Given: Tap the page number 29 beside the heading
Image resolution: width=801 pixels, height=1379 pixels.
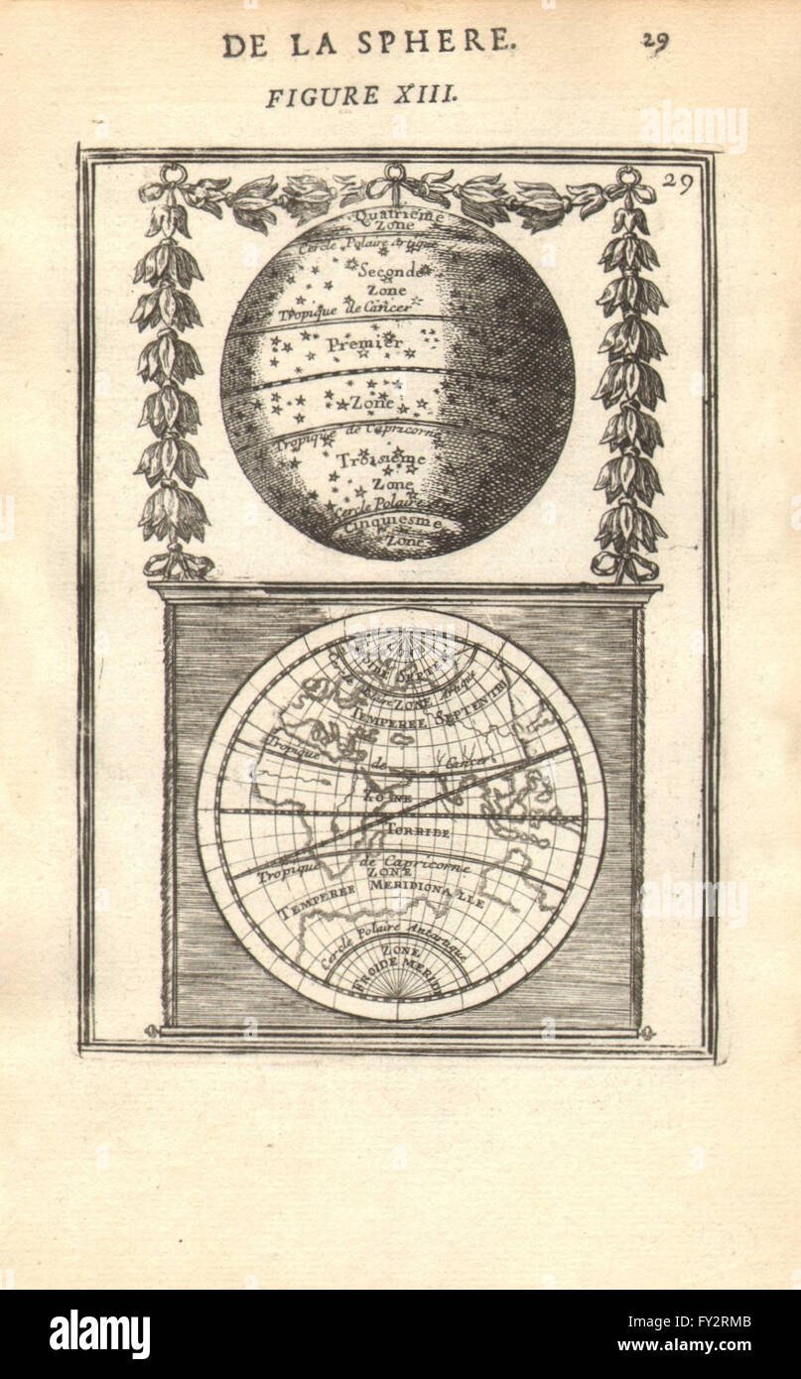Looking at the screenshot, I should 655,41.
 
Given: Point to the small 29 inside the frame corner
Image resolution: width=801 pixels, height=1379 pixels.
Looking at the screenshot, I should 678,181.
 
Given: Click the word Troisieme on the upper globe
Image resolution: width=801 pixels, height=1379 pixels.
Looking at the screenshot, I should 381,460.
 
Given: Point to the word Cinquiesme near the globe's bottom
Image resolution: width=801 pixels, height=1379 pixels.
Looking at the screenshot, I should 388,524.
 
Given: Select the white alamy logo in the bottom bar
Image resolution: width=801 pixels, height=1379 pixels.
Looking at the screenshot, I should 99,1334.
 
